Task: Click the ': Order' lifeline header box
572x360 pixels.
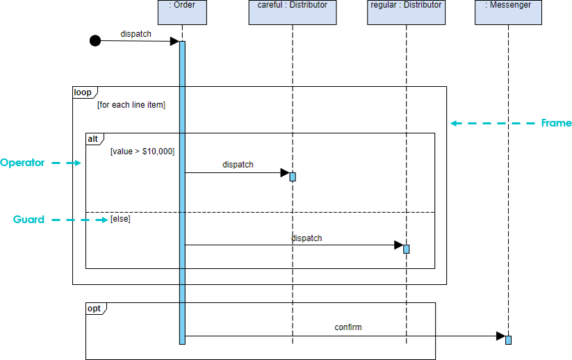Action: pos(182,12)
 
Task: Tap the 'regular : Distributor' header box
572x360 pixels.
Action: pos(406,12)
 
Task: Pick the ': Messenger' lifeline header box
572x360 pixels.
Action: pos(508,12)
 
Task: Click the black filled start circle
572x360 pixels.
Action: pos(95,40)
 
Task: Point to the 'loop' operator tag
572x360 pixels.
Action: pos(83,92)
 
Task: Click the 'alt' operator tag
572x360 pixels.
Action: pos(93,139)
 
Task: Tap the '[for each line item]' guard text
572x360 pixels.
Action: pos(131,105)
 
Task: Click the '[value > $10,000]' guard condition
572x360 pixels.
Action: pos(142,151)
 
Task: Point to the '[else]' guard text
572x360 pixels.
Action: pos(120,219)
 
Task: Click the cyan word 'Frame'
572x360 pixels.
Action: pos(556,123)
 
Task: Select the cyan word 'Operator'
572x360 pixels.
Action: pos(22,163)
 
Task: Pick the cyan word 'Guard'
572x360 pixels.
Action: pos(28,220)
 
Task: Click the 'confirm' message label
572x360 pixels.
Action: pos(348,327)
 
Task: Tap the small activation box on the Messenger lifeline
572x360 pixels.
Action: pos(508,340)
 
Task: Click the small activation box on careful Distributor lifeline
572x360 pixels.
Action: pos(293,177)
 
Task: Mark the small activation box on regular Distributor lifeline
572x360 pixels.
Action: pos(407,249)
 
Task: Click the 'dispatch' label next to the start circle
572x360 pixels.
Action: pos(136,33)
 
